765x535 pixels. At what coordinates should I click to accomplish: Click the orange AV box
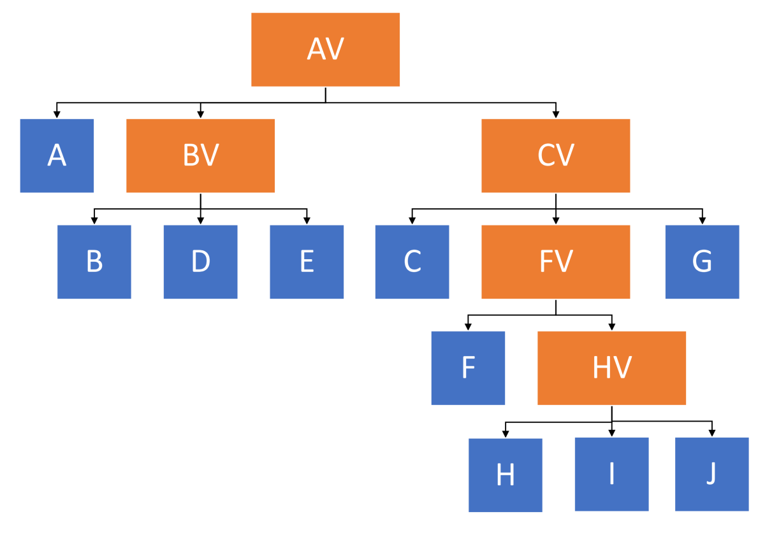click(325, 50)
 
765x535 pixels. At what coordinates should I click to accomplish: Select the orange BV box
click(200, 155)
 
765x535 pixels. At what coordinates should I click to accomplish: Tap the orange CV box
click(555, 155)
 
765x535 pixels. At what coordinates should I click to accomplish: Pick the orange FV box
click(555, 262)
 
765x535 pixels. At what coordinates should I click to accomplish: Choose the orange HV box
click(611, 367)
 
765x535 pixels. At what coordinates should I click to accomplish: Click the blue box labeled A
click(57, 155)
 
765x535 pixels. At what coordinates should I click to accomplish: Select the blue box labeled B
click(94, 262)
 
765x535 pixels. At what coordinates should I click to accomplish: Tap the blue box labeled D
click(200, 262)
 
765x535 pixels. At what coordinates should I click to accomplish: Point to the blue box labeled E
click(307, 262)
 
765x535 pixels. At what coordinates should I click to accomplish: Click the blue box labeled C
click(412, 262)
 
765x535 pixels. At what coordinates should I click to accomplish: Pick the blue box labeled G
click(702, 262)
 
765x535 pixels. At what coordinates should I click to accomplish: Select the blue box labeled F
click(468, 367)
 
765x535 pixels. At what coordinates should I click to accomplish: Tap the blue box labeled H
click(505, 474)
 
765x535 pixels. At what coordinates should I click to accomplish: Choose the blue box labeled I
click(611, 474)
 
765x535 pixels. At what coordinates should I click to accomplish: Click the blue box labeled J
click(711, 474)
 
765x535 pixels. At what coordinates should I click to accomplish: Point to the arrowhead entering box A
click(57, 115)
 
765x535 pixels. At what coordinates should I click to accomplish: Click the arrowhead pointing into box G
click(702, 221)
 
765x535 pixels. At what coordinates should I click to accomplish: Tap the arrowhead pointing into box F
click(468, 327)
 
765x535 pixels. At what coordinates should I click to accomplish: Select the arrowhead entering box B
click(94, 221)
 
